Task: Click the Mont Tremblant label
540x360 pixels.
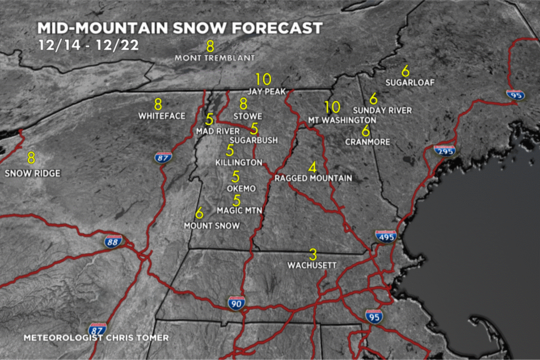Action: [215, 57]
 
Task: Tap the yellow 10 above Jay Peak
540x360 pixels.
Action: [263, 80]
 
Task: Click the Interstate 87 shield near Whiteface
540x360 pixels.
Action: [162, 157]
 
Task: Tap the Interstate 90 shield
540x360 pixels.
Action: [236, 303]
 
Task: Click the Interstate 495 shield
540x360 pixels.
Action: [386, 237]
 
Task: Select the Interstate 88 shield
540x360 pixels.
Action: [113, 241]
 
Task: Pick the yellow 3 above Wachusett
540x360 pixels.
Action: [313, 255]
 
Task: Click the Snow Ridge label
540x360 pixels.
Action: [33, 173]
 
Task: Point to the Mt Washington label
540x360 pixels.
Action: [342, 120]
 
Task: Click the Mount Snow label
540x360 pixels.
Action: [211, 226]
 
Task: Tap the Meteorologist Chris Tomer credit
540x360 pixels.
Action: [96, 337]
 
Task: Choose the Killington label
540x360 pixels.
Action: [238, 162]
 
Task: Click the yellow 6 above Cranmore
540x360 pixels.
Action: [365, 131]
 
